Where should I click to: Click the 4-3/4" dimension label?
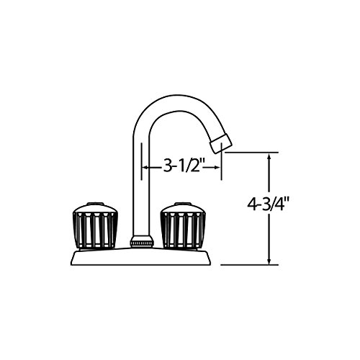coord(269,205)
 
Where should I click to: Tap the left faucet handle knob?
coord(95,226)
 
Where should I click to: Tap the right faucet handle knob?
coord(184,226)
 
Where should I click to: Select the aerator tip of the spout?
coord(221,143)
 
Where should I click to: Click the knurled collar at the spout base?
coord(141,241)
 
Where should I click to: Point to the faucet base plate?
coord(140,257)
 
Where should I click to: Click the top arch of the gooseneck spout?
coord(179,103)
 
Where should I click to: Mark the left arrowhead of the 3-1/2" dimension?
coord(145,167)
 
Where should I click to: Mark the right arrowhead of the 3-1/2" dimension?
coord(217,167)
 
